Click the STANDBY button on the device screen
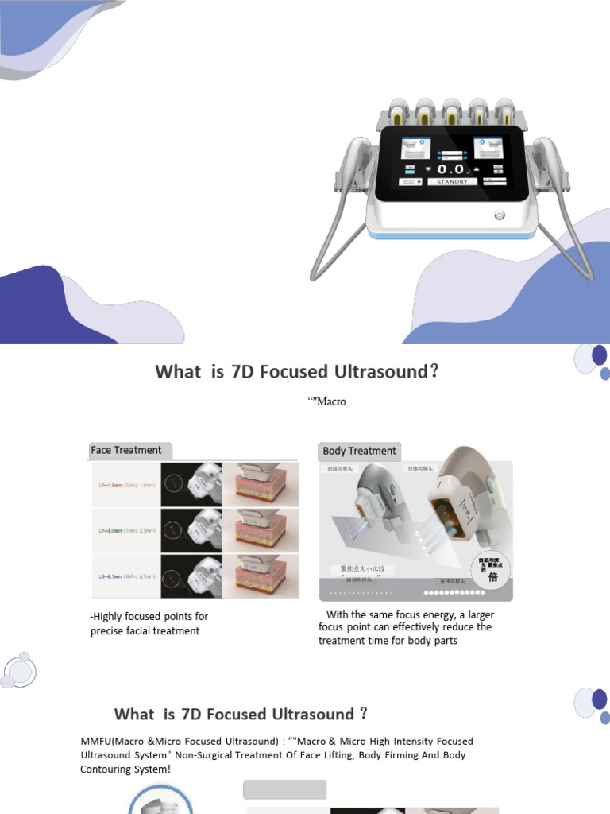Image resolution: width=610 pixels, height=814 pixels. click(453, 181)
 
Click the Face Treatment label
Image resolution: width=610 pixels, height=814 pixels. click(126, 450)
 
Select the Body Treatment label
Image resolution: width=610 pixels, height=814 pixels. click(359, 451)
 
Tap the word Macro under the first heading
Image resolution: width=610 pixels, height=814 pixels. click(330, 401)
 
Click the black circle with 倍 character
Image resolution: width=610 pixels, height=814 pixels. click(491, 568)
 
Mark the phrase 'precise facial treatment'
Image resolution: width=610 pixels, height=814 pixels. click(145, 631)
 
